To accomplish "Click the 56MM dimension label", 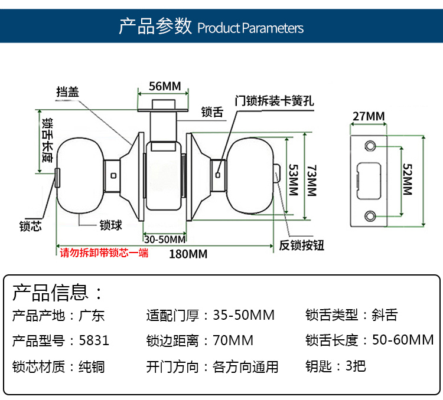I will point(164,86).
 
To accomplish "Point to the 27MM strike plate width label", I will point(368,116).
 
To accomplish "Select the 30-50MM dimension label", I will point(165,240).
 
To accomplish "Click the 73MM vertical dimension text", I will point(311,179).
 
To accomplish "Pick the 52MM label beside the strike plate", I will point(407,179).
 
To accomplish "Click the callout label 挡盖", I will point(68,92).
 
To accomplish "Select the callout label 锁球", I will point(110,225).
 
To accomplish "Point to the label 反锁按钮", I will point(302,245).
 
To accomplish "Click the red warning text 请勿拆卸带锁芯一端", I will point(105,254).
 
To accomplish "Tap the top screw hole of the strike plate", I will point(370,145).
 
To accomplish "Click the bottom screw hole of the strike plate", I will point(370,215).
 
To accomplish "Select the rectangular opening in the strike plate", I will point(369,180).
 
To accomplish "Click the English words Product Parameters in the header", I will point(250,28).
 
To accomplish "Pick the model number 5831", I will point(93,340).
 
